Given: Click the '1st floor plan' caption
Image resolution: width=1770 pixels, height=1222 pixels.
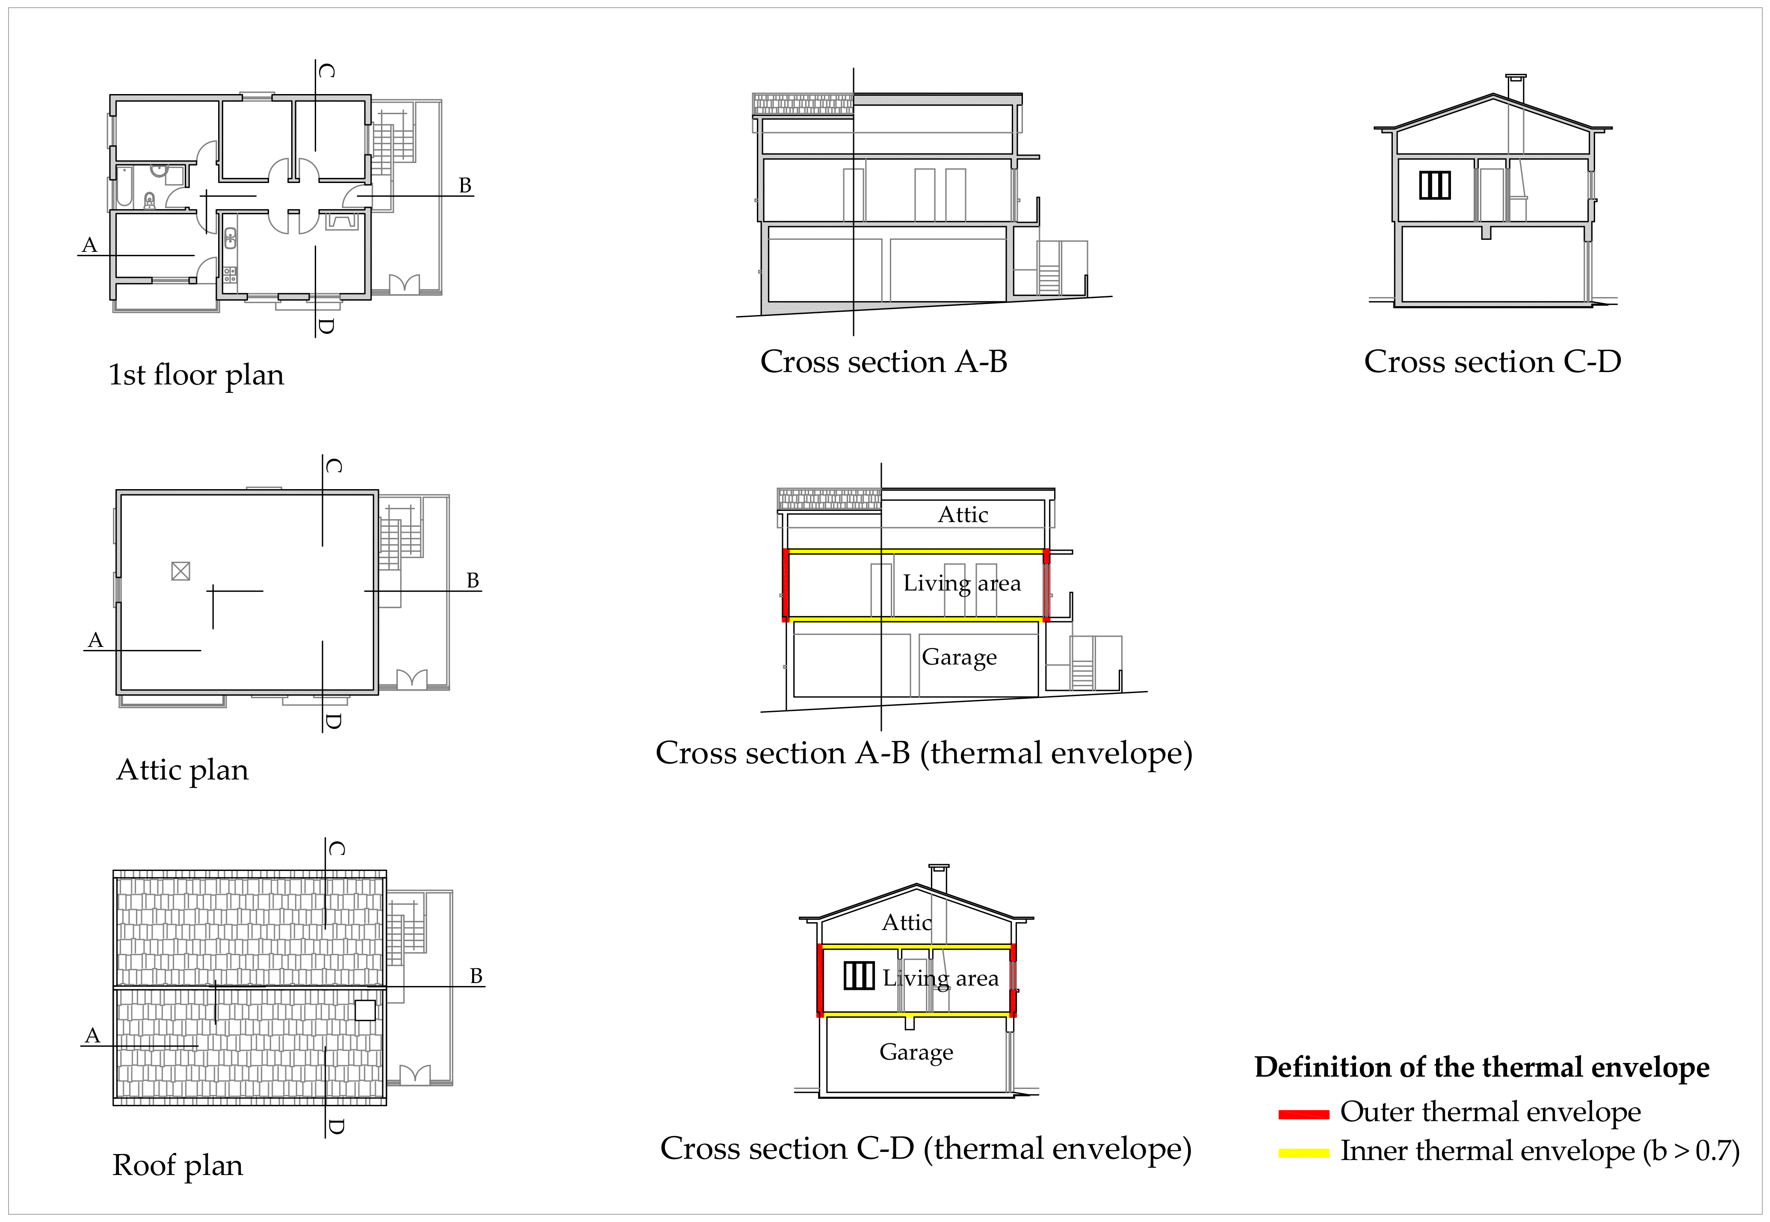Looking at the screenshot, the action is pyautogui.click(x=196, y=375).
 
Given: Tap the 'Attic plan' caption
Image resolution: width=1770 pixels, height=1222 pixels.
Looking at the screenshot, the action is pyautogui.click(x=182, y=770).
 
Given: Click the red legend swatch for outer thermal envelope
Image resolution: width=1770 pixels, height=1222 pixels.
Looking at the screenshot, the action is pyautogui.click(x=1303, y=1114).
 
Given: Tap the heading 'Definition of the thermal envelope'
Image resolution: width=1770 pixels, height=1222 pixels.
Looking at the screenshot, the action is pyautogui.click(x=1481, y=1067).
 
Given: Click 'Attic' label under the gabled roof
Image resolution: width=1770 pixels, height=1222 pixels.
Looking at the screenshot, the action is pyautogui.click(x=907, y=923).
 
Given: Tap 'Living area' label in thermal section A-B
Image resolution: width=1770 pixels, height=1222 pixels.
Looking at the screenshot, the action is pyautogui.click(x=962, y=584).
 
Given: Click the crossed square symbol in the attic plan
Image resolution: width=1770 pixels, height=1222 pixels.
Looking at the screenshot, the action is pyautogui.click(x=180, y=571).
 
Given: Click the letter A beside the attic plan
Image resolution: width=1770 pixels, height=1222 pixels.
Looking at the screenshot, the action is pyautogui.click(x=95, y=640).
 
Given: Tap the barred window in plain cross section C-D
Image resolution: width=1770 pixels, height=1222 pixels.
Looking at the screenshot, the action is pyautogui.click(x=1435, y=185).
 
